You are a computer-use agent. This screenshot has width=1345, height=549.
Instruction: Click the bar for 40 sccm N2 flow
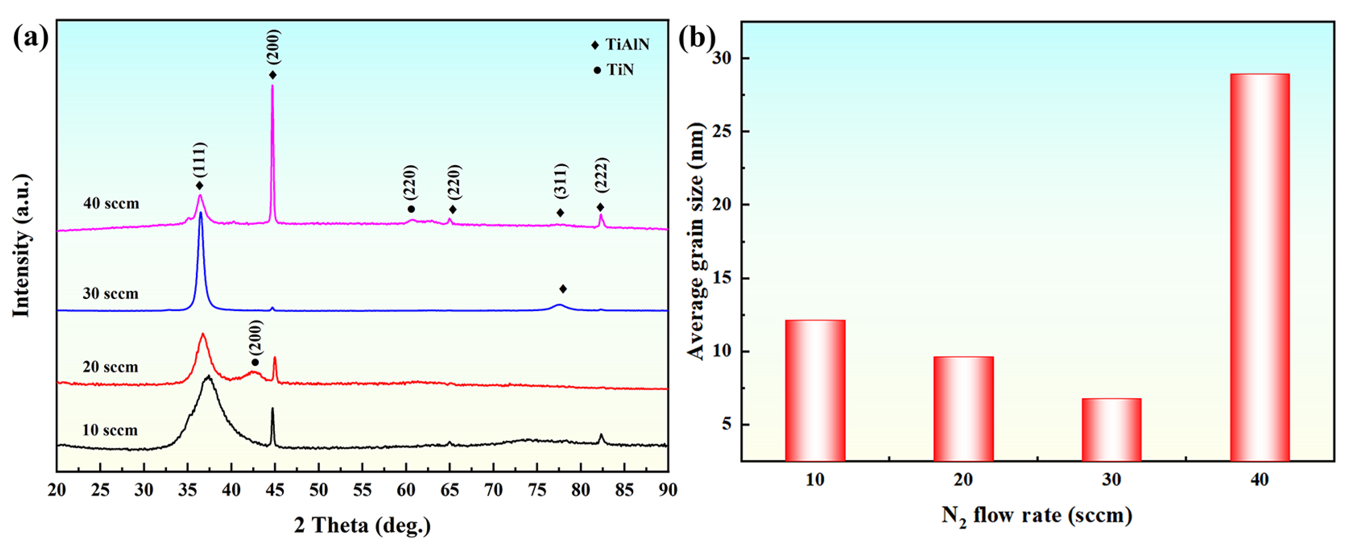click(1259, 267)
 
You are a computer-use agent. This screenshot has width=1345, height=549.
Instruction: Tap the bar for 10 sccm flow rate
click(815, 390)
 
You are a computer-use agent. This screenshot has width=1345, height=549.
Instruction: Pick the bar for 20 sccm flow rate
click(963, 408)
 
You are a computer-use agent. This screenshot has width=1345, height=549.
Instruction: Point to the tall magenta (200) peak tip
click(272, 86)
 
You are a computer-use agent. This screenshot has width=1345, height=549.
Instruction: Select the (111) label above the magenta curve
click(199, 160)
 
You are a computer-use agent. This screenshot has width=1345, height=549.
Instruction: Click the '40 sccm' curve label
click(111, 204)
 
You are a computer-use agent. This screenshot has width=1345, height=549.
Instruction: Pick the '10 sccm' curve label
click(110, 431)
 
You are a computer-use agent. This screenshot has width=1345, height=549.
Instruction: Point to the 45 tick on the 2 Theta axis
click(275, 490)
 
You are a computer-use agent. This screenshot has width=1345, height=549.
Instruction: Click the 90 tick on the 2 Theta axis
click(668, 490)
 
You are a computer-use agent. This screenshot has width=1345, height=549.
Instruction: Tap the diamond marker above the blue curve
click(563, 289)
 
